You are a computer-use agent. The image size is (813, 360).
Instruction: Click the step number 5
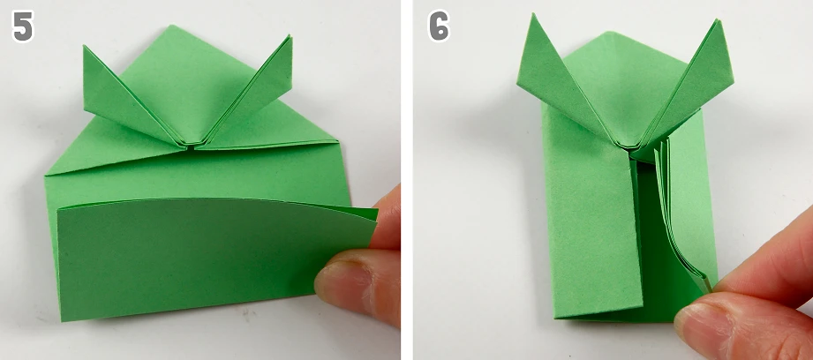[23, 27]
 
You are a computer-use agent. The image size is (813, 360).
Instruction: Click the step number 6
[440, 27]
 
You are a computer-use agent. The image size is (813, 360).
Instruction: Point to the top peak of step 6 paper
[611, 32]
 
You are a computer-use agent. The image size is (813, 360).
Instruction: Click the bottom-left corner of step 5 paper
[62, 320]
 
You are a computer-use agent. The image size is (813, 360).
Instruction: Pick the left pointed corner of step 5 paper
[47, 175]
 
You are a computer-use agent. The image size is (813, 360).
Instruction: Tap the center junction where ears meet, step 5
[191, 146]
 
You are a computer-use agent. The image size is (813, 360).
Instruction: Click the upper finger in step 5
[387, 218]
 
